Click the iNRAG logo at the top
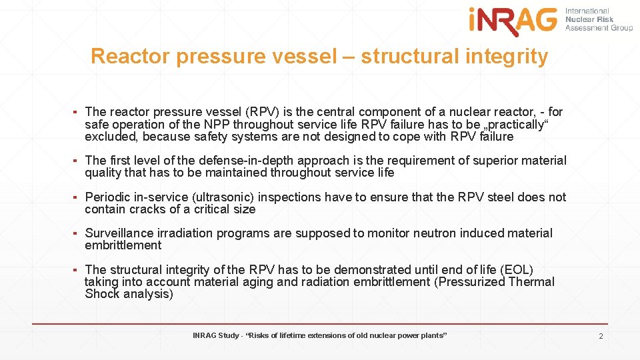point(512,21)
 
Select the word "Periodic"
point(109,197)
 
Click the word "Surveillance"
point(120,233)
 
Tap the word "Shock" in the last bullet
point(102,294)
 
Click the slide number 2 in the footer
point(601,336)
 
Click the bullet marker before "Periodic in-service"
point(77,197)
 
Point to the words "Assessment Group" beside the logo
point(599,28)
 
